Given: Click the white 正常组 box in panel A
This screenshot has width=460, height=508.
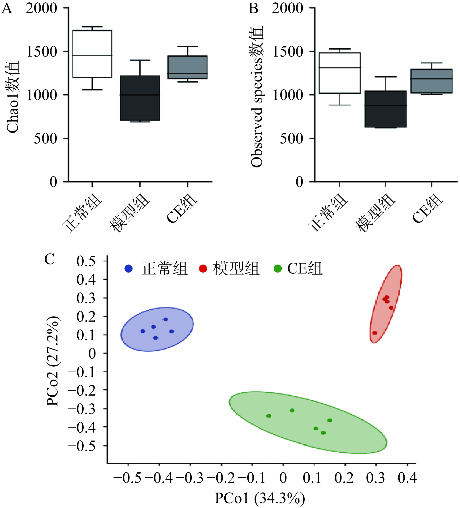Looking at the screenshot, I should pyautogui.click(x=92, y=54).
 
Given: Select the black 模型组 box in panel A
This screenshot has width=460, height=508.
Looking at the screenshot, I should pyautogui.click(x=140, y=98).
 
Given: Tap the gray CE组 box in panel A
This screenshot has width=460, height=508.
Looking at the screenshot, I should pyautogui.click(x=187, y=67).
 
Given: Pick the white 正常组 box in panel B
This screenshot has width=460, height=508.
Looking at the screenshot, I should pyautogui.click(x=340, y=73).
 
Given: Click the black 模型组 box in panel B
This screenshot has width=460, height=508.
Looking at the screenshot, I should pyautogui.click(x=385, y=109).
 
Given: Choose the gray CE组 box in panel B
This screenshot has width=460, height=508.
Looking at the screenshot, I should pyautogui.click(x=431, y=81).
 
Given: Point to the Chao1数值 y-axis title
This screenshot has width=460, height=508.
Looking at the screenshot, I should pyautogui.click(x=13, y=97).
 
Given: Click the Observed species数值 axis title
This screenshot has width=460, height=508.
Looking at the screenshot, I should pyautogui.click(x=257, y=97).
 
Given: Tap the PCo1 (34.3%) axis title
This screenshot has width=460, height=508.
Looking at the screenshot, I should pyautogui.click(x=260, y=498).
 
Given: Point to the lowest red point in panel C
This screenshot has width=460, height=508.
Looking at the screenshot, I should pyautogui.click(x=375, y=333).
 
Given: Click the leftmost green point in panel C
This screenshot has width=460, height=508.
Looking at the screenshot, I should pyautogui.click(x=269, y=416).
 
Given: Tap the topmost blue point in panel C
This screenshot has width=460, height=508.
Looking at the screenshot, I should pyautogui.click(x=165, y=319).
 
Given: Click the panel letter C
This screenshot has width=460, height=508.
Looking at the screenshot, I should pyautogui.click(x=49, y=259).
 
